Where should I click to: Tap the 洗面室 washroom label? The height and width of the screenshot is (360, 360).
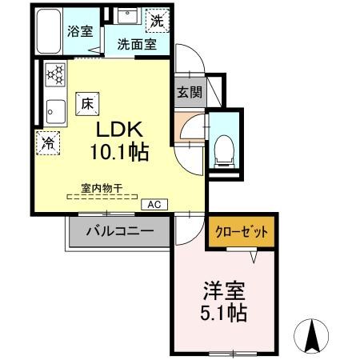pyautogui.click(x=137, y=45)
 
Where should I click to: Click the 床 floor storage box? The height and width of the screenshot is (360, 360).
pyautogui.click(x=86, y=102)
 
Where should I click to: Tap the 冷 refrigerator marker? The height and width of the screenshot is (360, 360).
pyautogui.click(x=48, y=145)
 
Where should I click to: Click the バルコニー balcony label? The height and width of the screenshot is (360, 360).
pyautogui.click(x=121, y=233)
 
